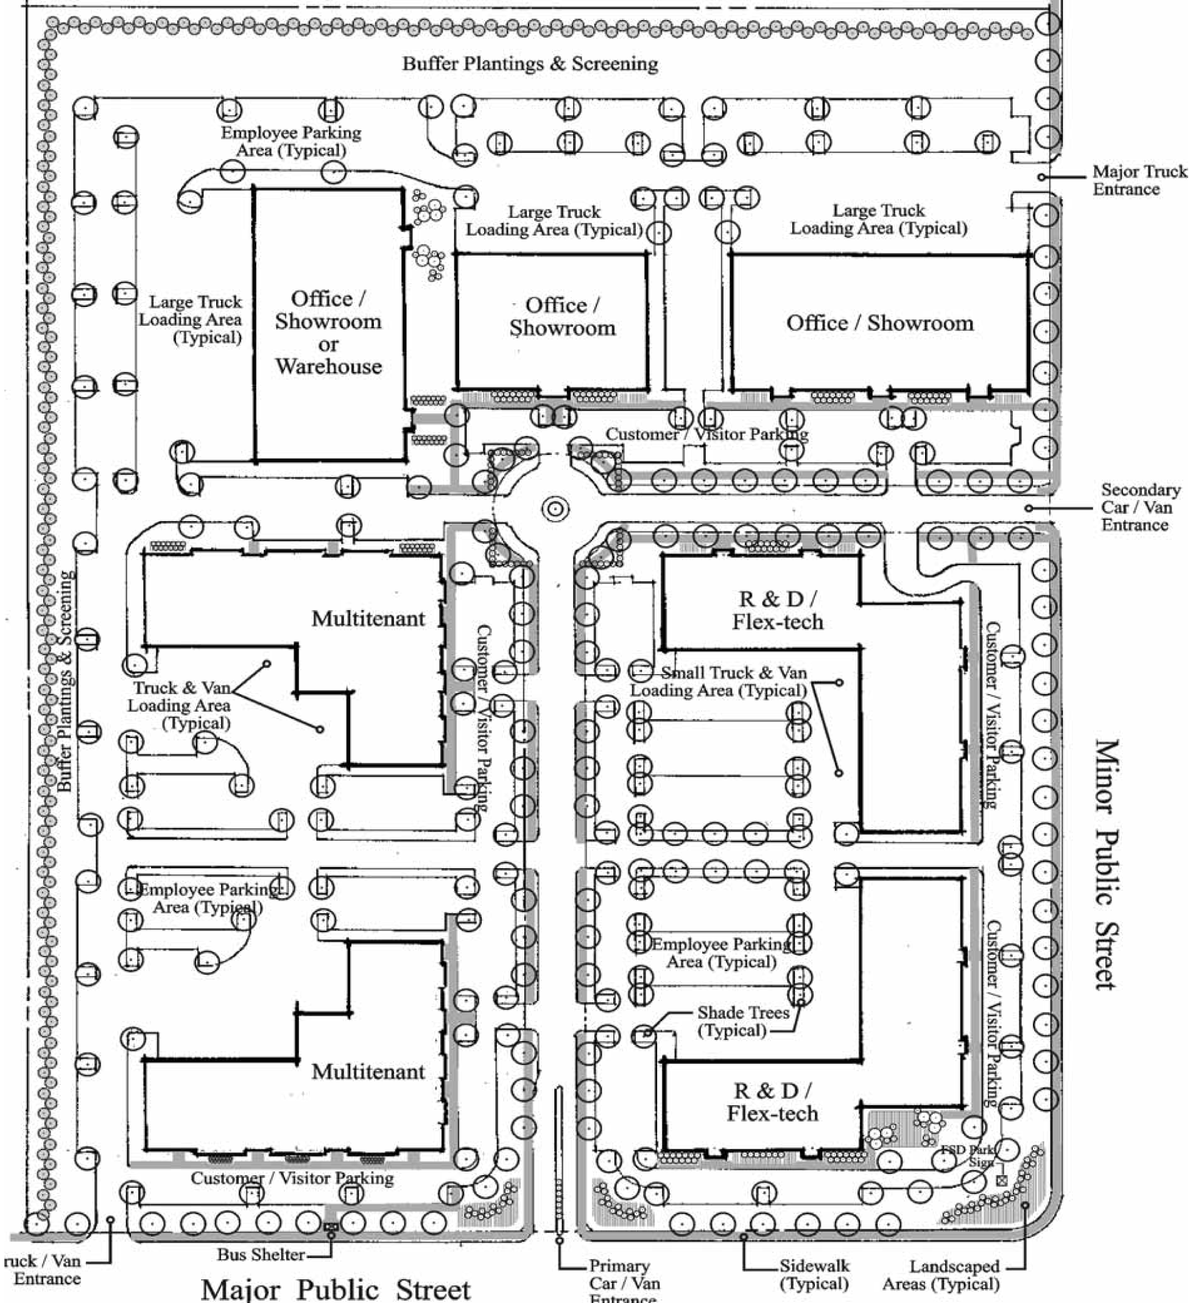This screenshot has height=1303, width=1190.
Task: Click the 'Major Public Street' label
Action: point(336,1289)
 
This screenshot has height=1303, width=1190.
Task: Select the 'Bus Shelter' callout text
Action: point(261,1254)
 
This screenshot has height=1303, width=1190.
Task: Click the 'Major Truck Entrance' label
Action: point(1139,180)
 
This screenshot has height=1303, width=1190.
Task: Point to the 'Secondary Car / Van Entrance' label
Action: point(1140,507)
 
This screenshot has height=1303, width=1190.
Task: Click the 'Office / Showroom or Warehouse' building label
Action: point(328,332)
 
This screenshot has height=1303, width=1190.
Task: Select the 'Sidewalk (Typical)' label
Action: point(814,1274)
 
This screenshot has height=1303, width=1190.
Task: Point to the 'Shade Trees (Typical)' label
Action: point(743,1021)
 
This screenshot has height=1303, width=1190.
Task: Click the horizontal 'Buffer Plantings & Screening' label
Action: point(530,63)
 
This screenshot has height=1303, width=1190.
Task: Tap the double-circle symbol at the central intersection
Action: point(555,509)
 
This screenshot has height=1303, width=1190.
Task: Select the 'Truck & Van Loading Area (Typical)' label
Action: point(180,705)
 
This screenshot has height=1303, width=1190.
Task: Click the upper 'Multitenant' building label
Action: point(368,619)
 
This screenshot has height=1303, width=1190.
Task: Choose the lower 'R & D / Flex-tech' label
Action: point(773,1102)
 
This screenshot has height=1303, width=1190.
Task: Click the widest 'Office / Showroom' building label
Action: point(880,323)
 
